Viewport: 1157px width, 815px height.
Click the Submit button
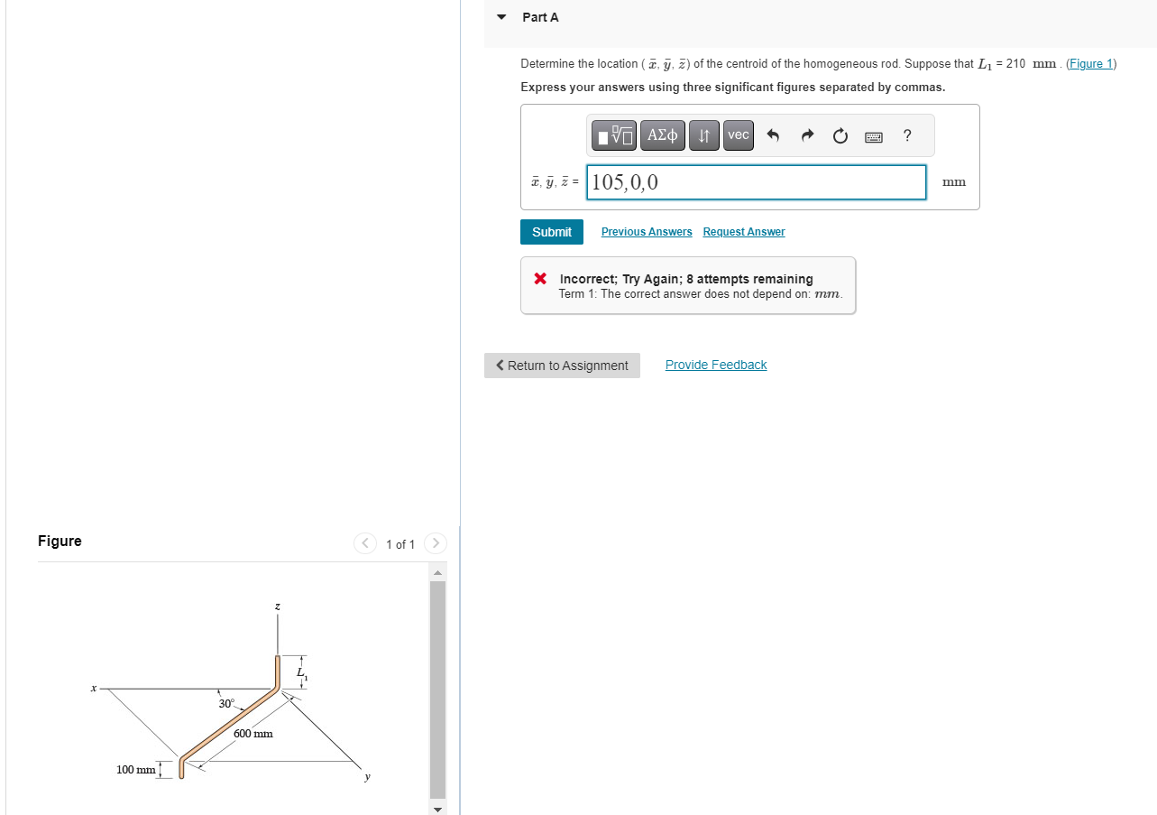(x=551, y=232)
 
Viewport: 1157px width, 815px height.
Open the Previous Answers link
(x=647, y=232)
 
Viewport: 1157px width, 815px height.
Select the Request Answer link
(x=743, y=232)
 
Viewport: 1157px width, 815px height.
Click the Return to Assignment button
(x=562, y=366)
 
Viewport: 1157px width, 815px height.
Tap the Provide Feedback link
(x=715, y=365)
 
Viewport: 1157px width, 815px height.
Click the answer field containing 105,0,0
(x=756, y=182)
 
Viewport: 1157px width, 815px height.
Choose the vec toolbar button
(x=738, y=135)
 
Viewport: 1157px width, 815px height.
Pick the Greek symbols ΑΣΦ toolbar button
(x=663, y=135)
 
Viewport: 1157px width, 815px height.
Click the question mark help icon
(x=907, y=135)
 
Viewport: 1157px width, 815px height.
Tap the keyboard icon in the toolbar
(x=874, y=136)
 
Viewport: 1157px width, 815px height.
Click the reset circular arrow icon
(x=840, y=136)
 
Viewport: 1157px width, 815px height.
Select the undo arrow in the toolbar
(x=773, y=136)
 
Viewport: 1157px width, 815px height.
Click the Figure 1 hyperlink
(x=1091, y=64)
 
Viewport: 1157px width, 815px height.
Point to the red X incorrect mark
(x=539, y=278)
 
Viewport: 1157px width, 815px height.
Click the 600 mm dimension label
(x=253, y=734)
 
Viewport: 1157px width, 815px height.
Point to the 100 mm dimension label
(x=135, y=770)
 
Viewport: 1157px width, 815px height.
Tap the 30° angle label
(x=225, y=703)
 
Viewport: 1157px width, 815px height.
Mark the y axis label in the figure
(x=367, y=776)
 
